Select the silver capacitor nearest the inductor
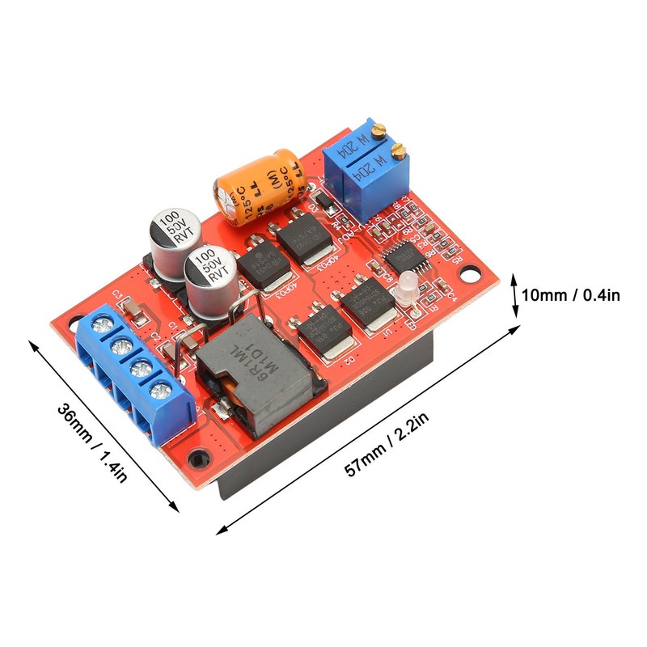(x=208, y=279)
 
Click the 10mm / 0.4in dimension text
(x=570, y=296)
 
